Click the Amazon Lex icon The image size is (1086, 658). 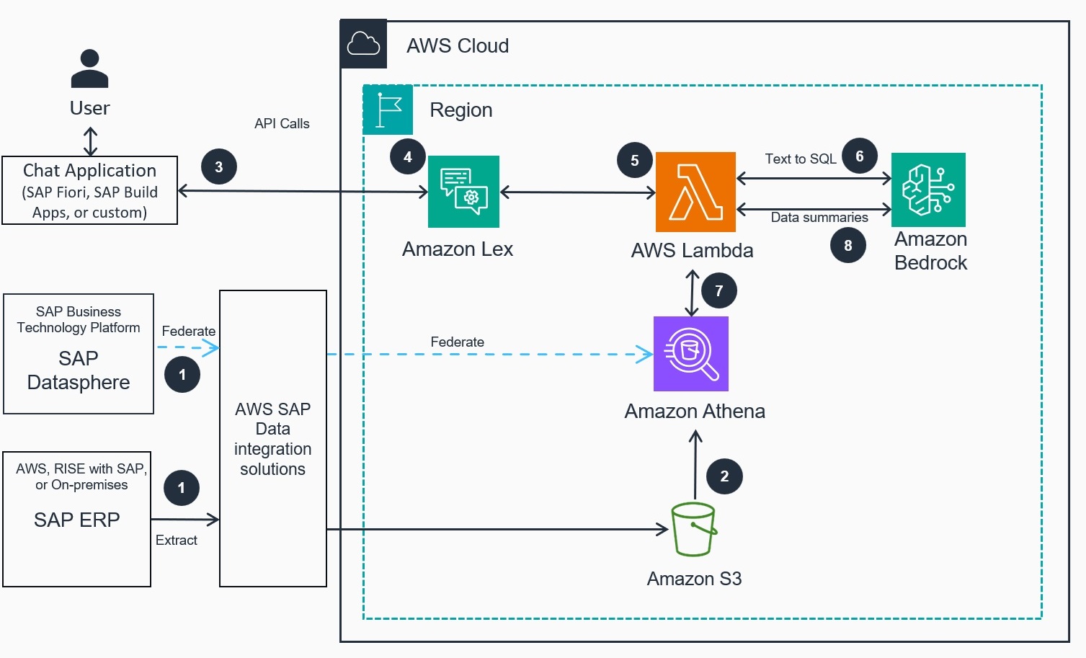pyautogui.click(x=463, y=192)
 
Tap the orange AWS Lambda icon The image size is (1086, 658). pyautogui.click(x=695, y=192)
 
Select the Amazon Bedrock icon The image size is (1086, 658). pyautogui.click(x=928, y=190)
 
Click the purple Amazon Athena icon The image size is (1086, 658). pyautogui.click(x=690, y=354)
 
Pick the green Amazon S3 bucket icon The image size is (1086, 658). pyautogui.click(x=693, y=530)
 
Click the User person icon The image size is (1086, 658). pyautogui.click(x=90, y=68)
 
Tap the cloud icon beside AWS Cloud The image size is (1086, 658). pyautogui.click(x=363, y=44)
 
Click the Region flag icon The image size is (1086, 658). pyautogui.click(x=388, y=110)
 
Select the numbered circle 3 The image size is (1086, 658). pyautogui.click(x=219, y=166)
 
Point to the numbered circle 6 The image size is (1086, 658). pyautogui.click(x=860, y=156)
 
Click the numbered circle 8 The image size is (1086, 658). pyautogui.click(x=848, y=245)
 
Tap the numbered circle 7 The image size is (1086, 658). pyautogui.click(x=718, y=290)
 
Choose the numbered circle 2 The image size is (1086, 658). pyautogui.click(x=724, y=476)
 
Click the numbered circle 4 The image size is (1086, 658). pyautogui.click(x=408, y=156)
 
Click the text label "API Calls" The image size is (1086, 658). pyautogui.click(x=282, y=123)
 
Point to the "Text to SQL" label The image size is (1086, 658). pyautogui.click(x=801, y=159)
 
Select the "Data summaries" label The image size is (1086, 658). pyautogui.click(x=819, y=217)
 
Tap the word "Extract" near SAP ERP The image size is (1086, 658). pyautogui.click(x=177, y=540)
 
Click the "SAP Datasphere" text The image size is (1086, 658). pyautogui.click(x=79, y=370)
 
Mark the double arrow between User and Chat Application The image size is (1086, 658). pyautogui.click(x=90, y=141)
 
